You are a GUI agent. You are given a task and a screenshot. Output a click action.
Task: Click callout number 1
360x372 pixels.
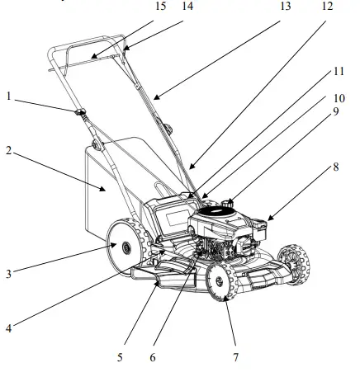(x=8, y=96)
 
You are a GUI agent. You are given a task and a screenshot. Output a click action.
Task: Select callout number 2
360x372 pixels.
(x=8, y=151)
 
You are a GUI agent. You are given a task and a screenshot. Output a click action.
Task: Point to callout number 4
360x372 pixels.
(x=8, y=327)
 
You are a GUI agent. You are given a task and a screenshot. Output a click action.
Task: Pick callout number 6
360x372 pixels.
(x=153, y=358)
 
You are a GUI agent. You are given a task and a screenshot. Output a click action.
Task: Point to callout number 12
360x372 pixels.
(x=327, y=7)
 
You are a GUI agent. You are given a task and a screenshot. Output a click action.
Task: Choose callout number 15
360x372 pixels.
(x=160, y=7)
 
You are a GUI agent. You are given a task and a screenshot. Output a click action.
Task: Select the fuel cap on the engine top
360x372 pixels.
(x=228, y=200)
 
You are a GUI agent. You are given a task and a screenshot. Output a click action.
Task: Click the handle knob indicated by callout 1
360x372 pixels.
(x=83, y=112)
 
